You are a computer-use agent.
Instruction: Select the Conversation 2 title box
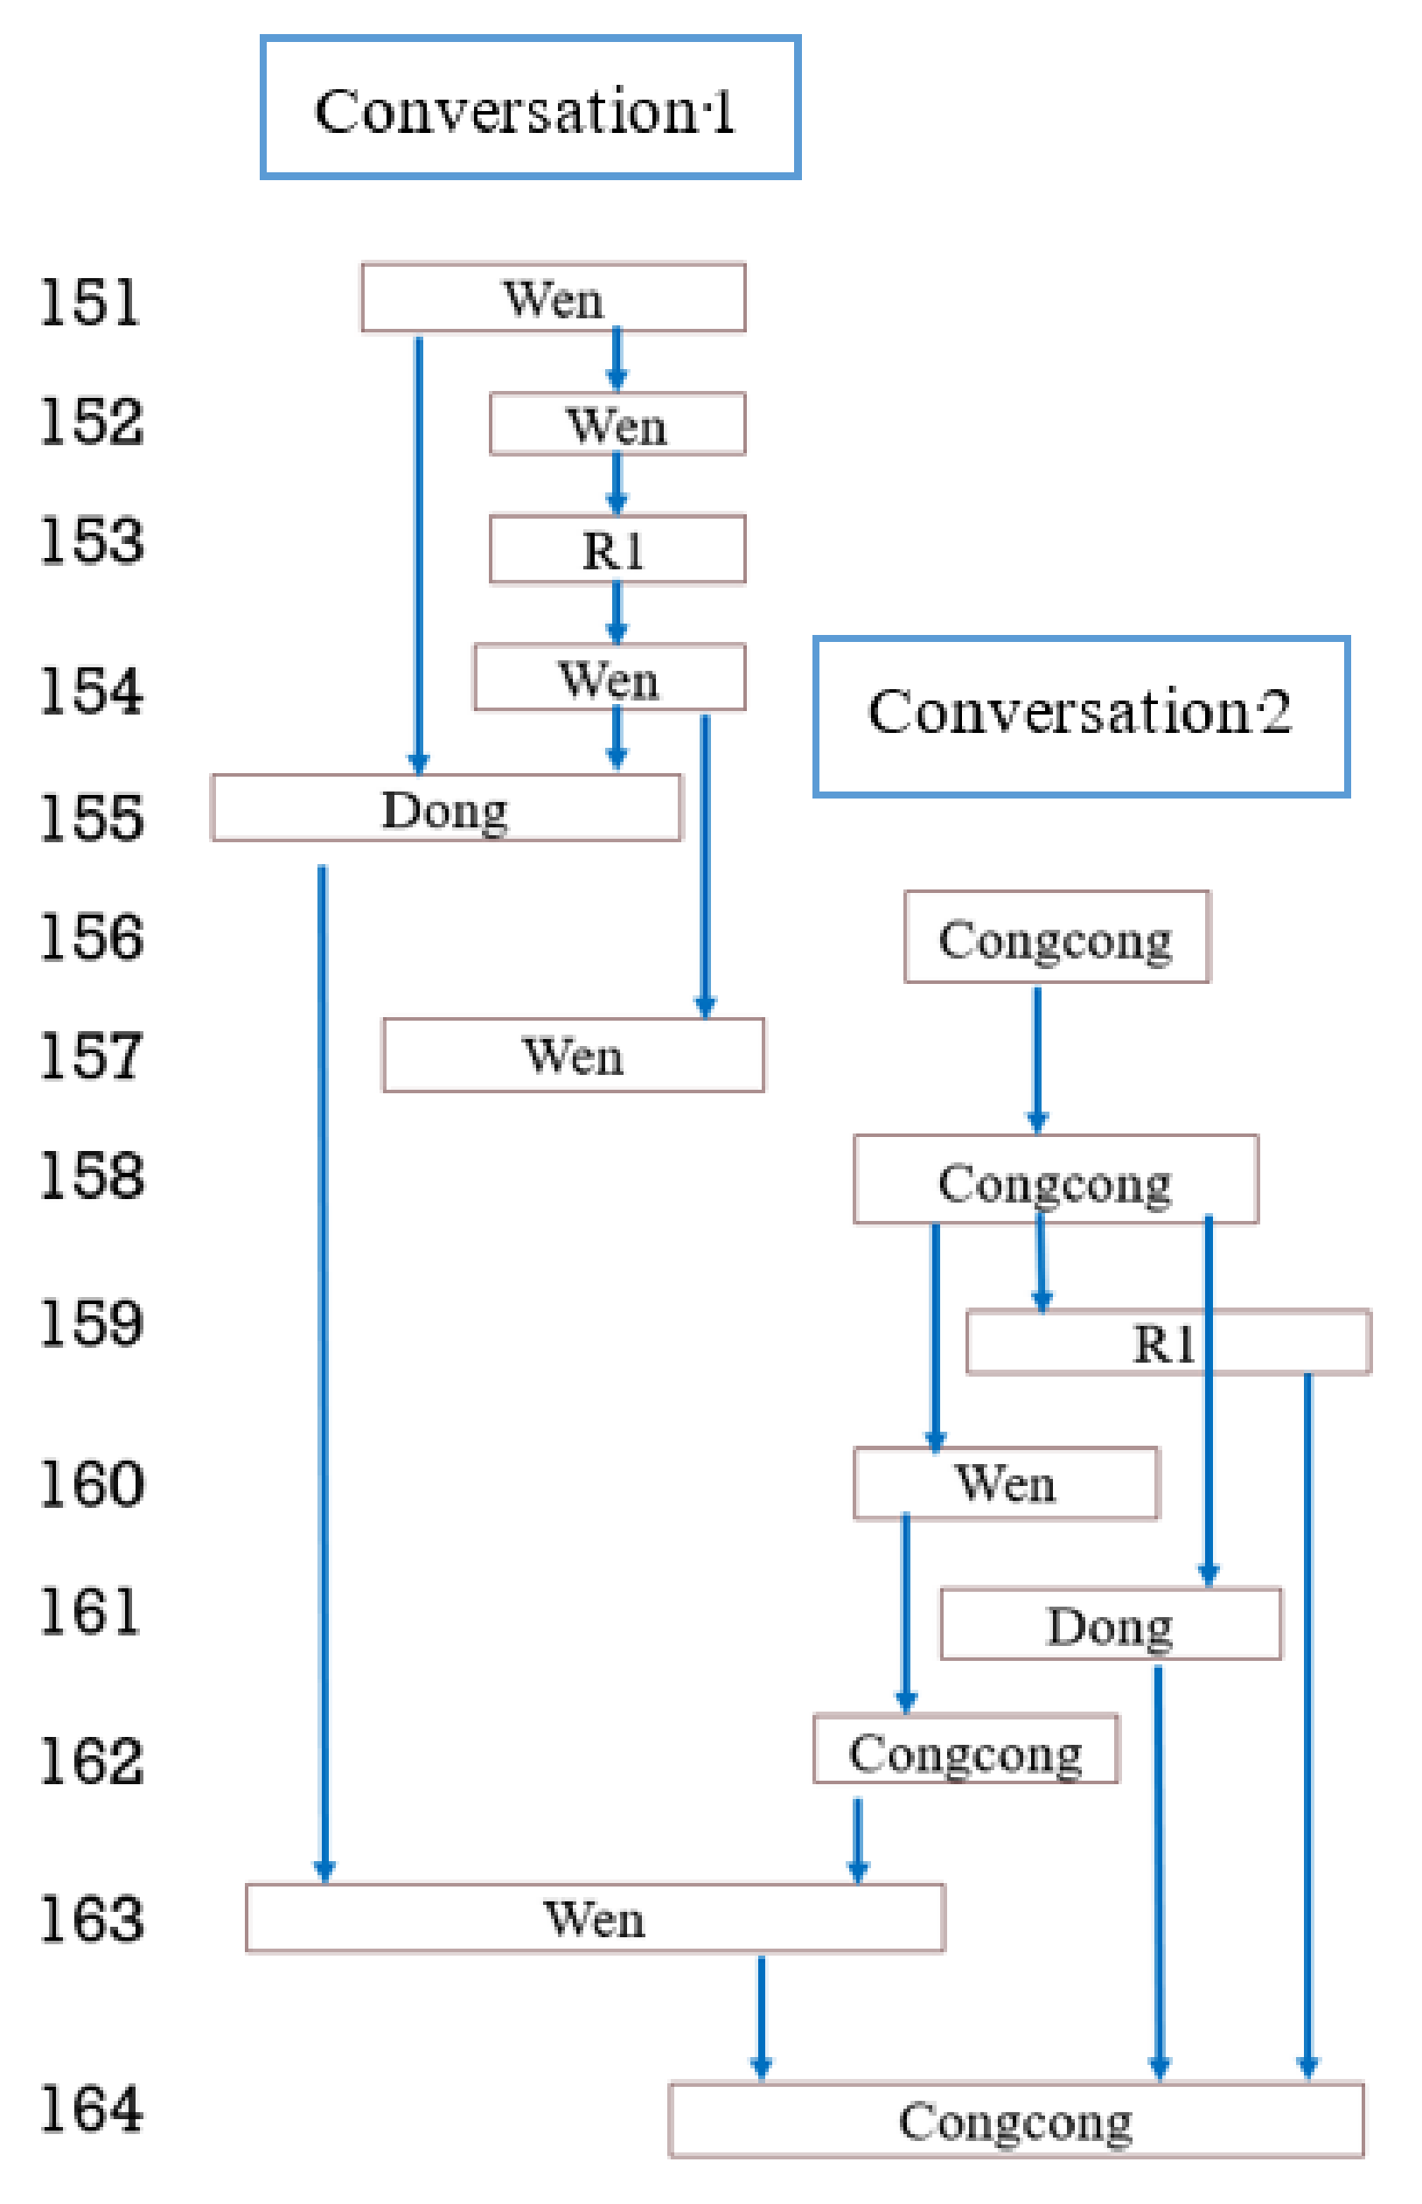(1080, 715)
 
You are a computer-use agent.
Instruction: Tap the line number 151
(89, 302)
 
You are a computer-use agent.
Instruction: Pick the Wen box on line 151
(552, 297)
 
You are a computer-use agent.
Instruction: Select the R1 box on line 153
(617, 549)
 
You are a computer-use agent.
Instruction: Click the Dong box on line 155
(445, 808)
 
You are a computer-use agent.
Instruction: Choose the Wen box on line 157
(573, 1055)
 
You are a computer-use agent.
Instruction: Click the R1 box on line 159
(1168, 1342)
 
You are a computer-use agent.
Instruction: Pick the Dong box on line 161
(1110, 1624)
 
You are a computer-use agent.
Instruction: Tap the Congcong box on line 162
(965, 1751)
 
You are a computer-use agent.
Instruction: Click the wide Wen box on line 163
(594, 1918)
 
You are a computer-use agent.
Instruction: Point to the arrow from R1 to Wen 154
(617, 612)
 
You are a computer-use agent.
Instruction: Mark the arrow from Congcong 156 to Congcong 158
(1037, 1057)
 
